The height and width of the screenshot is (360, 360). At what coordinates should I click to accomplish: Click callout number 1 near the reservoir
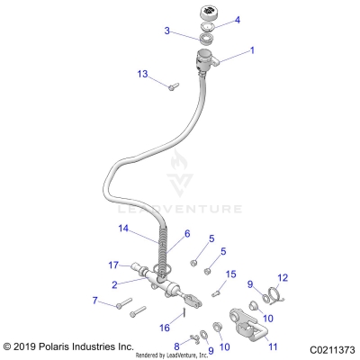pos(251,50)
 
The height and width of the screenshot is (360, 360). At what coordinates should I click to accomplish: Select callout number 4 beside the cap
pos(237,19)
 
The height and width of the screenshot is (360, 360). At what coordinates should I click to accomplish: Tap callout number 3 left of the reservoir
pos(166,31)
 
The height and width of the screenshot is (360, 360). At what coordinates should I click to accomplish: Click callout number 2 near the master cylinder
pos(115,283)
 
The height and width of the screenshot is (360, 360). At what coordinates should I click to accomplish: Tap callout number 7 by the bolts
pos(95,301)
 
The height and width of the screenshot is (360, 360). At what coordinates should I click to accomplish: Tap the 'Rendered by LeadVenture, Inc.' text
pos(184,355)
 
